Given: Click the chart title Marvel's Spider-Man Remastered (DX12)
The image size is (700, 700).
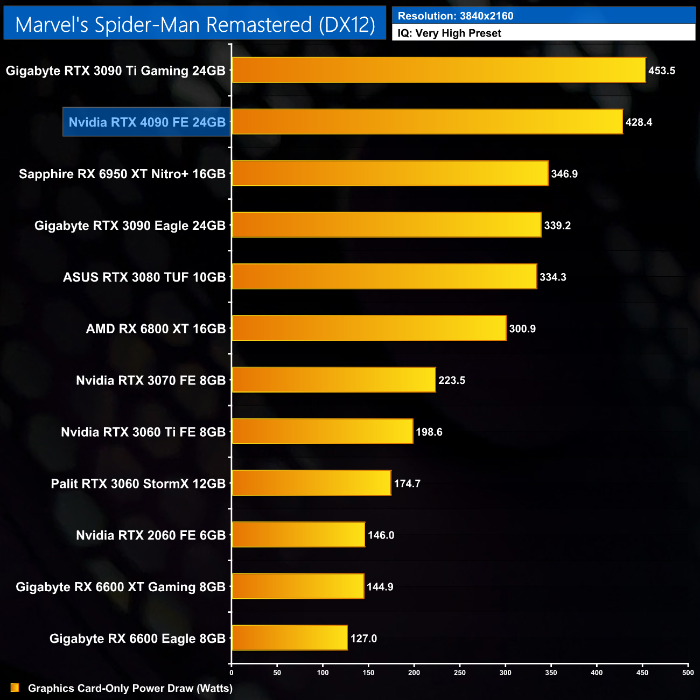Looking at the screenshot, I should (x=195, y=25).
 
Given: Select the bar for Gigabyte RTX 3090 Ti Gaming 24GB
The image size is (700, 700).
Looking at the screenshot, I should (x=438, y=70).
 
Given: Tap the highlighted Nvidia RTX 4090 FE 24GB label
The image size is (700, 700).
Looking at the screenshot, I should (x=147, y=122).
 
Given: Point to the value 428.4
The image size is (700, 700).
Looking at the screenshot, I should (x=639, y=122).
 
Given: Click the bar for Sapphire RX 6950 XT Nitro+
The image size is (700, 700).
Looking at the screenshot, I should (x=390, y=173).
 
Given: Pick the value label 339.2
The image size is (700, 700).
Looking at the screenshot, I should (x=557, y=226).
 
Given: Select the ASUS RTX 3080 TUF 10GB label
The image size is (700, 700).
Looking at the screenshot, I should (x=144, y=277).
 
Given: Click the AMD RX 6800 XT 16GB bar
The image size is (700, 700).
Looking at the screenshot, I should (x=369, y=328).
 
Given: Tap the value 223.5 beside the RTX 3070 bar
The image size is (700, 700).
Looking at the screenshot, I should (x=452, y=380).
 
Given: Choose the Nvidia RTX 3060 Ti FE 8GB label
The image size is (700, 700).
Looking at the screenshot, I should (x=143, y=432).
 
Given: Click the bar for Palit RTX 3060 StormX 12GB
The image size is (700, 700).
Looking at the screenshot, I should (x=311, y=484).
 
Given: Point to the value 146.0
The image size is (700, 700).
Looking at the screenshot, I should (x=381, y=535).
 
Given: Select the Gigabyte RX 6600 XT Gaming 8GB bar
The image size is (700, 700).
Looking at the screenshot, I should (x=298, y=586).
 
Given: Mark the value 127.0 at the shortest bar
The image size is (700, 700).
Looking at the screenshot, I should (x=363, y=639).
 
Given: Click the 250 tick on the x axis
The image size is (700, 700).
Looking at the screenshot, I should (x=460, y=673).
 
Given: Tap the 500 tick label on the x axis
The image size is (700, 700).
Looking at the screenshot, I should (x=688, y=673).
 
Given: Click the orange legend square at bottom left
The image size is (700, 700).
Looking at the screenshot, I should (x=15, y=688).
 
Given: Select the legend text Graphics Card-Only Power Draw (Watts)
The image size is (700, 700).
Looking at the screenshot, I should (x=130, y=688).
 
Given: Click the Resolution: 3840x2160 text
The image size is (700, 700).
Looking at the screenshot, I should (x=456, y=16).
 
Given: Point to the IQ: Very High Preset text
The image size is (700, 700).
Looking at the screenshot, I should (x=449, y=33).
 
